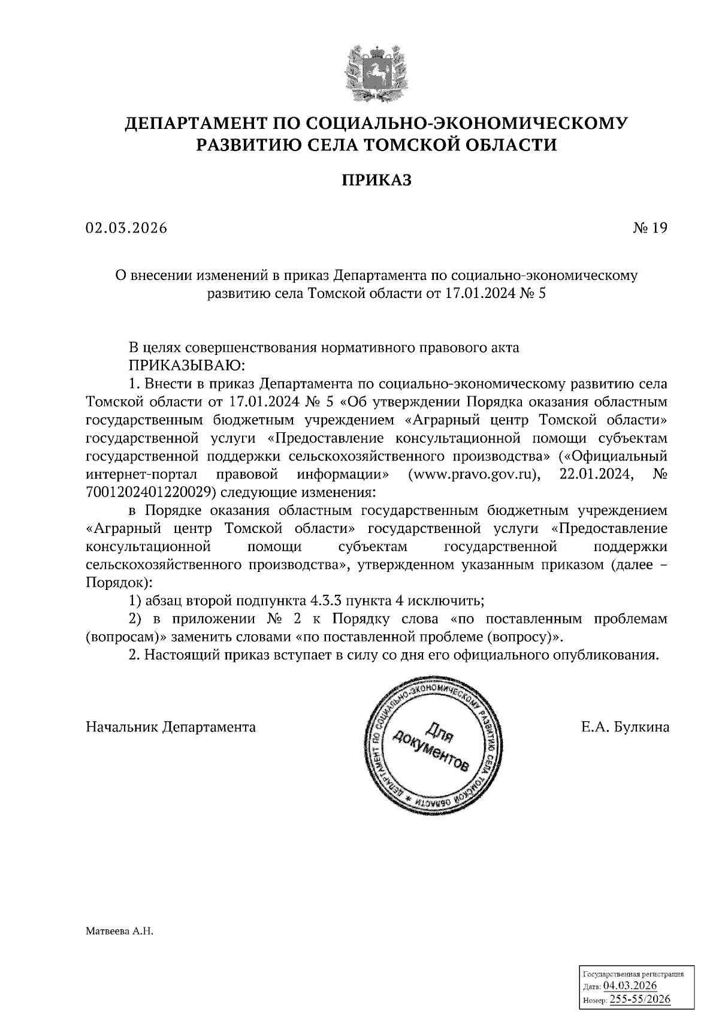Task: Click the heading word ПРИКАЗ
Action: click(377, 180)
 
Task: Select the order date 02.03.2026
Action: click(126, 228)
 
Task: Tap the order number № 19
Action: click(649, 228)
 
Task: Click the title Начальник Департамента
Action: click(171, 727)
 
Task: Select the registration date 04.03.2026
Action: click(630, 986)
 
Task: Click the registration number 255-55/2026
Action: click(639, 999)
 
